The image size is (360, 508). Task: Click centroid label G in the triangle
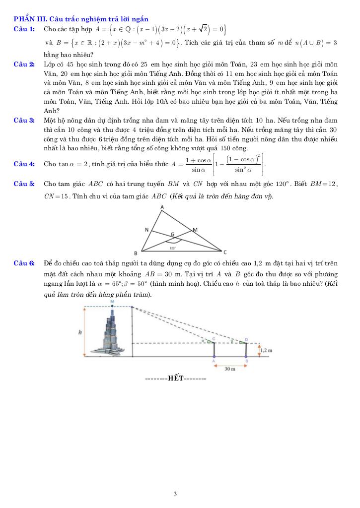pyautogui.click(x=173, y=234)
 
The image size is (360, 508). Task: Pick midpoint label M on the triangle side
pyautogui.click(x=195, y=230)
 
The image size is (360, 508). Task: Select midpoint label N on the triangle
pyautogui.click(x=147, y=230)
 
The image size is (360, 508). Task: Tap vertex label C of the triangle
pyautogui.click(x=224, y=253)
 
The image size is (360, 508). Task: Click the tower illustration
pyautogui.click(x=113, y=329)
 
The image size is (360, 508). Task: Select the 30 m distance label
pyautogui.click(x=229, y=369)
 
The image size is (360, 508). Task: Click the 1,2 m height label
pyautogui.click(x=267, y=350)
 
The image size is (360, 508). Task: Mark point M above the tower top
pyautogui.click(x=112, y=301)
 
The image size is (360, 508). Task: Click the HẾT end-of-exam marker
pyautogui.click(x=175, y=379)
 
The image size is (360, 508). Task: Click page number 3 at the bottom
pyautogui.click(x=175, y=494)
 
